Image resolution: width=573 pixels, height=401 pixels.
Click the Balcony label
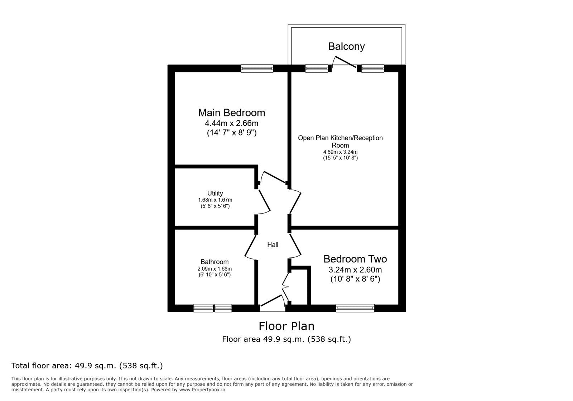[346, 46]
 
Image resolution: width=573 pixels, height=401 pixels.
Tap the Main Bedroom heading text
[231, 113]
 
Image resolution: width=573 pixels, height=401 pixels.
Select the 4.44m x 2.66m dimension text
[231, 123]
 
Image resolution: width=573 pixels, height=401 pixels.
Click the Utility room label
[215, 193]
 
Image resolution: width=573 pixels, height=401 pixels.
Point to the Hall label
[273, 245]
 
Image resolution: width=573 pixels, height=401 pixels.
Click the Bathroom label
[215, 262]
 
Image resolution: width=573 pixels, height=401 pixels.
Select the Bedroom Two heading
[355, 259]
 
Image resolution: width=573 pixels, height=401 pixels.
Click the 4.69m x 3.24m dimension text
[340, 152]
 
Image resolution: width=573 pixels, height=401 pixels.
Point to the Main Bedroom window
[257, 68]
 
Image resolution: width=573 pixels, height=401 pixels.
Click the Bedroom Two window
[355, 308]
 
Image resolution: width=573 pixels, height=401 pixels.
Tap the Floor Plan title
[286, 326]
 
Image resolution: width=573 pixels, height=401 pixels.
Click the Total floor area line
[87, 366]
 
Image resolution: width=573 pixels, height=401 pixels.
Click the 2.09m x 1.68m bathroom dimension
[215, 269]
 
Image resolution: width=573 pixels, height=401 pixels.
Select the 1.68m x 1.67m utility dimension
[215, 200]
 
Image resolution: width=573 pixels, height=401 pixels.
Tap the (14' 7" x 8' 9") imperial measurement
[231, 133]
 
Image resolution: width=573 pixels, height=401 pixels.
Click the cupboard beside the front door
[299, 287]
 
